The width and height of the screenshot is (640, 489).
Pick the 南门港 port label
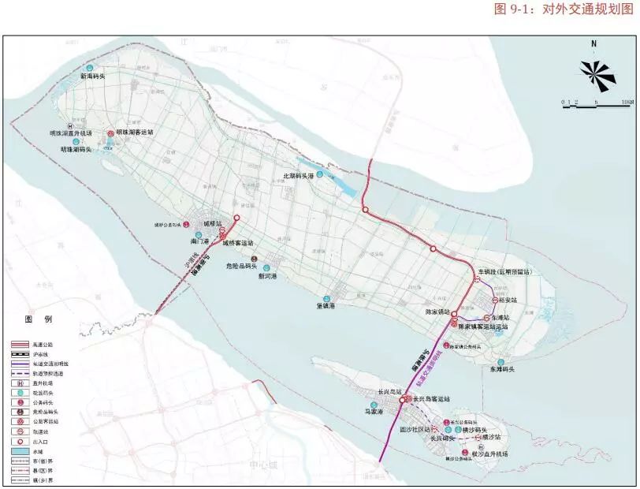(201, 239)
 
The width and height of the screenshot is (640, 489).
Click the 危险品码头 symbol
(254, 259)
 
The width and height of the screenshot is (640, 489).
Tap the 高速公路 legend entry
(44, 345)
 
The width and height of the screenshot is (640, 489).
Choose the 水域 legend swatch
(20, 450)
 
